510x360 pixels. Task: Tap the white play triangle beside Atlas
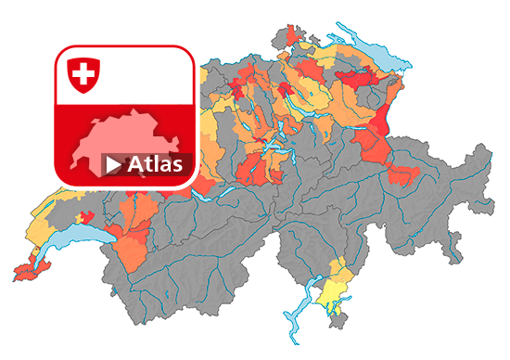(x=112, y=165)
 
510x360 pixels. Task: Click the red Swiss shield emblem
(x=83, y=74)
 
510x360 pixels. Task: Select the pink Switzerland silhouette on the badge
(x=130, y=135)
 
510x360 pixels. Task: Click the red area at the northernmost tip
(x=296, y=36)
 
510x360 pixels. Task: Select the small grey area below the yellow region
(x=342, y=319)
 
